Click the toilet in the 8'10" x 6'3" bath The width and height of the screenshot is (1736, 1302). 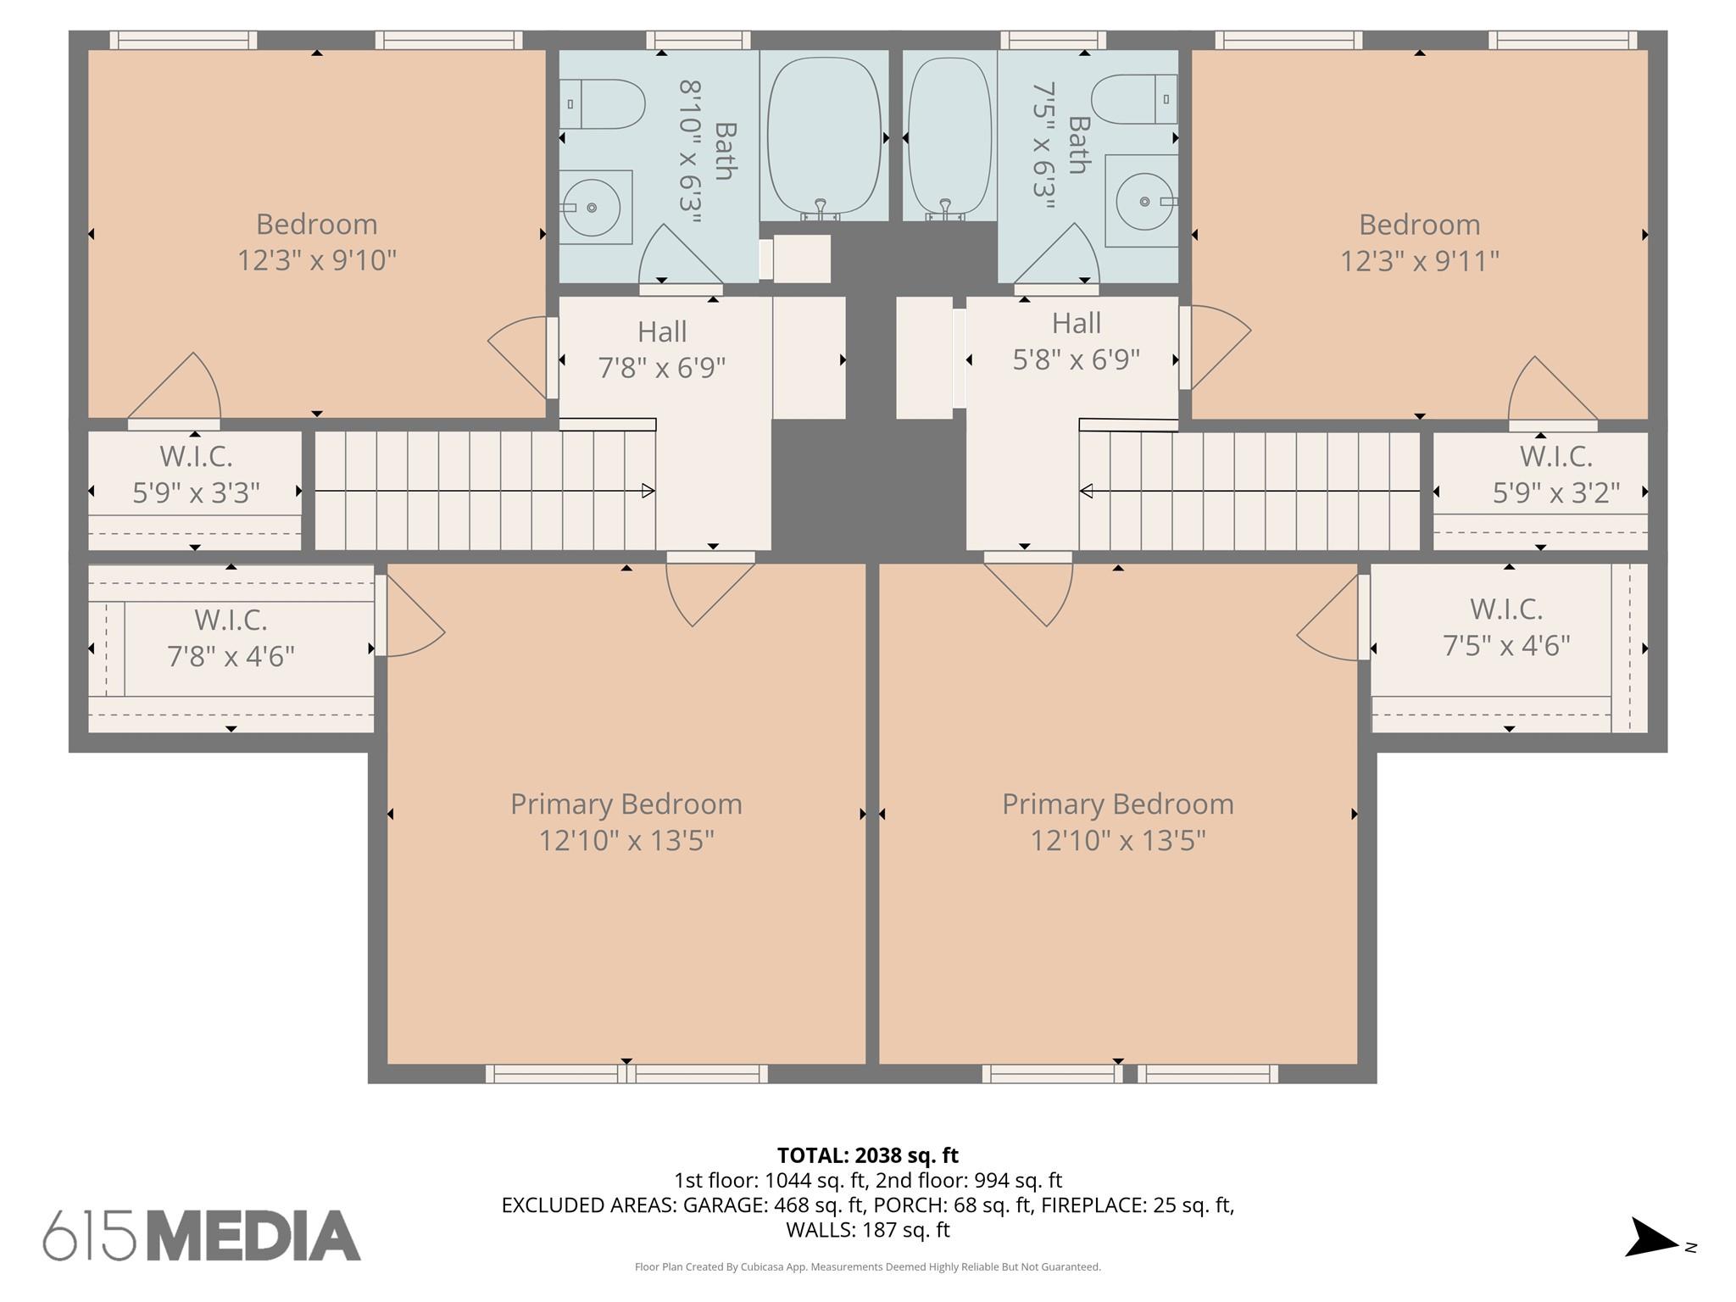tap(602, 104)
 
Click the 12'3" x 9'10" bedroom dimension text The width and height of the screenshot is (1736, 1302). tap(317, 259)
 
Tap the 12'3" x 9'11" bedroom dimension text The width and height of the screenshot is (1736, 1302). tap(1420, 260)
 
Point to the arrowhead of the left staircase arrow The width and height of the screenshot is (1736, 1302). tap(648, 491)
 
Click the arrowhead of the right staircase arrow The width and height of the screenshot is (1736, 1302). tap(1086, 491)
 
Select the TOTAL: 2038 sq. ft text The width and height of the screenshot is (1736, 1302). tap(868, 1155)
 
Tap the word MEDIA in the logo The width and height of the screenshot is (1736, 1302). tap(253, 1236)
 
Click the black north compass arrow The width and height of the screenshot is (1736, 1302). tap(1650, 1238)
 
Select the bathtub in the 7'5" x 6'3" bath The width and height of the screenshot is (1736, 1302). tap(949, 137)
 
